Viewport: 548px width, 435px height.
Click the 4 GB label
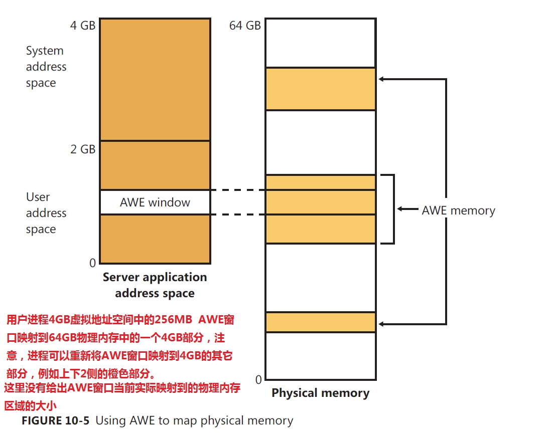click(82, 26)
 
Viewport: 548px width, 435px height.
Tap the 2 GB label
click(82, 149)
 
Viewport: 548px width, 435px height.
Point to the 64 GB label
click(245, 26)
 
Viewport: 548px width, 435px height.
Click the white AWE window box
click(155, 202)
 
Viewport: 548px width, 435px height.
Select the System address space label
click(46, 67)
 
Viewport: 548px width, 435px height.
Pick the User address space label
click(46, 213)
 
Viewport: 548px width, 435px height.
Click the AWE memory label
click(458, 210)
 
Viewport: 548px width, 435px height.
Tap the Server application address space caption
click(155, 285)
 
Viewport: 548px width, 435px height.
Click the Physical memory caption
click(320, 393)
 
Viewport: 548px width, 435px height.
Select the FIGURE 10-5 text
click(55, 420)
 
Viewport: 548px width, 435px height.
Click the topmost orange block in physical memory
click(320, 89)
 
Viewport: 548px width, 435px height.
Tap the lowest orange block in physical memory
click(320, 322)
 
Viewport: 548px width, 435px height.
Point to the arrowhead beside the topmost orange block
click(381, 79)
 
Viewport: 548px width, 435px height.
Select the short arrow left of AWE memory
click(407, 209)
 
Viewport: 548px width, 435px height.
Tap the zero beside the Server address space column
click(92, 263)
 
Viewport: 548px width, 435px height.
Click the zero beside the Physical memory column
click(258, 379)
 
